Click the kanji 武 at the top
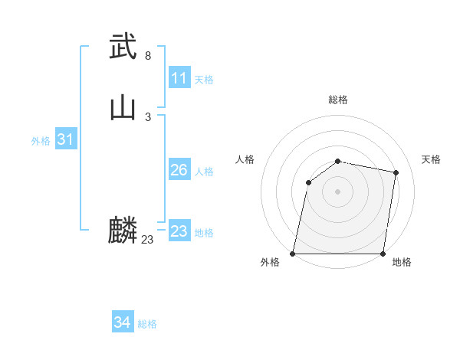[x=123, y=47]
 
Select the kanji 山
[x=123, y=108]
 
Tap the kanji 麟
[x=123, y=231]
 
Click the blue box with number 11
[x=179, y=78]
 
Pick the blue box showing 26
[x=179, y=170]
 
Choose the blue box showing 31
[x=66, y=139]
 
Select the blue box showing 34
[x=123, y=322]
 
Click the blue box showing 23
[x=179, y=231]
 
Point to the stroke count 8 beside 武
[x=148, y=56]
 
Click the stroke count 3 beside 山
[x=148, y=117]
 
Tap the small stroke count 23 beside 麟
[x=148, y=240]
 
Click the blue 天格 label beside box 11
[x=204, y=80]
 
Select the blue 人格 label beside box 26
[x=204, y=172]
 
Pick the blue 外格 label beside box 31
[x=41, y=141]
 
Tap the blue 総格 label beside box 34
[x=147, y=324]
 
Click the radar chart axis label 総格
[x=338, y=100]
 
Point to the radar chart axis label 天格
[x=431, y=159]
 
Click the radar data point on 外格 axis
[x=293, y=254]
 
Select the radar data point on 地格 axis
[x=383, y=254]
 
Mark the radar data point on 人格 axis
[x=308, y=182]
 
